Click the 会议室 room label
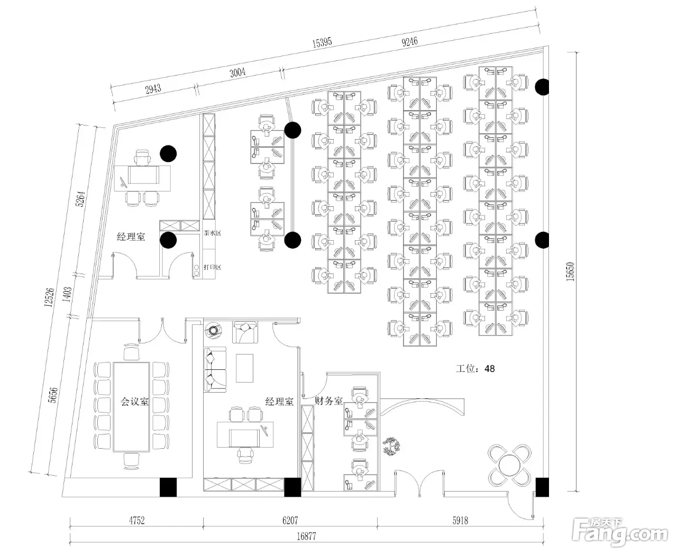pos(134,402)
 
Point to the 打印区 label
pos(212,267)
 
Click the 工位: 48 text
pos(475,368)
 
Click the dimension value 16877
pos(306,536)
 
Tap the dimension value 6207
pos(290,521)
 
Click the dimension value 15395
pos(322,43)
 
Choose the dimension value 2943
pos(153,88)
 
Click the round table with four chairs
pos(510,465)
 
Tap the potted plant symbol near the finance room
pos(392,446)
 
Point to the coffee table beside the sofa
pos(244,368)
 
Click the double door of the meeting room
pos(162,331)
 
